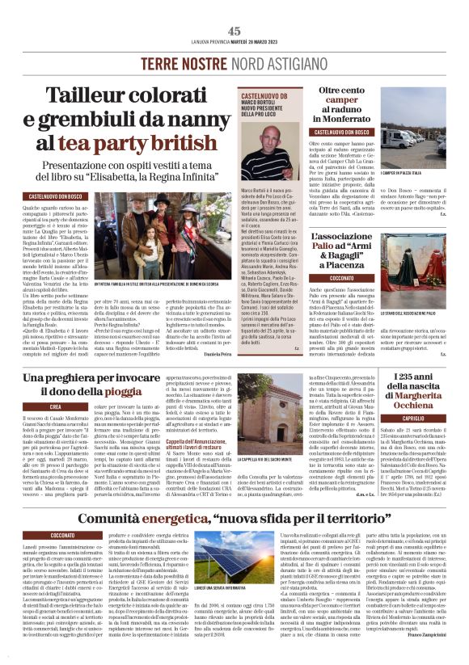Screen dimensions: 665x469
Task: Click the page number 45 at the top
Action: (234, 31)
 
